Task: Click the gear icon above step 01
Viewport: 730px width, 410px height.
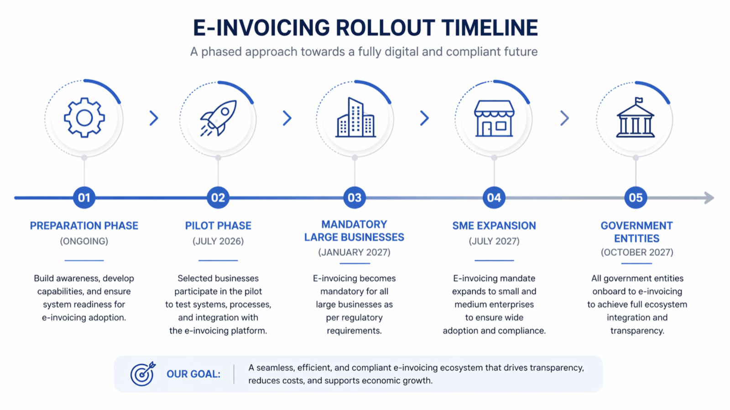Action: (84, 117)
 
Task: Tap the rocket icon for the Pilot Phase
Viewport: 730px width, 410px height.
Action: (218, 118)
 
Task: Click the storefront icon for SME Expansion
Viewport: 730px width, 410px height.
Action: (494, 118)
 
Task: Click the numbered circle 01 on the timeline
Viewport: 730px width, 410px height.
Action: (84, 197)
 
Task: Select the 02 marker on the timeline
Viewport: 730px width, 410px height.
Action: (218, 197)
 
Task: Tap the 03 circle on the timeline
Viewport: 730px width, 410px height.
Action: (355, 197)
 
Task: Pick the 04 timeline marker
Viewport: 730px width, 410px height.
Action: (494, 197)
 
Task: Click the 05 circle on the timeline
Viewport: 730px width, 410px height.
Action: (636, 197)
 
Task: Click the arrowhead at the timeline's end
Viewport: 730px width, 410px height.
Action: (709, 198)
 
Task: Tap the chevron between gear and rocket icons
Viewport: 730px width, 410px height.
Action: (154, 118)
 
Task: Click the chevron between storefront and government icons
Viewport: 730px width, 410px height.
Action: (564, 118)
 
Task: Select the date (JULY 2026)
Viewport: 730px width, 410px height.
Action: (218, 241)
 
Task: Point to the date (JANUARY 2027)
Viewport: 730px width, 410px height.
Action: (354, 252)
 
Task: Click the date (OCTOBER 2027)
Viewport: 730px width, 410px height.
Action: (637, 252)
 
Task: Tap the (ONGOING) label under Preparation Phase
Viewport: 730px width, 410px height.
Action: (84, 241)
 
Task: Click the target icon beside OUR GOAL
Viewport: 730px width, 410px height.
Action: (143, 374)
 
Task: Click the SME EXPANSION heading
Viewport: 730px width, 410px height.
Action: (494, 225)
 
